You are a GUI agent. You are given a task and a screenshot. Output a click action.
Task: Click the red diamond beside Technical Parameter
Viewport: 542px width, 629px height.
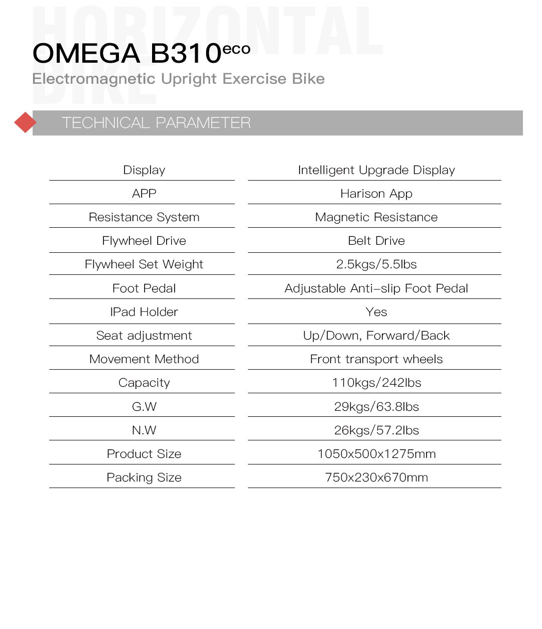coord(25,122)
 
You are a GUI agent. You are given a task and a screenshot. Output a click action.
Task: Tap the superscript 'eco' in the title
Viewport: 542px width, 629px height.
coord(236,49)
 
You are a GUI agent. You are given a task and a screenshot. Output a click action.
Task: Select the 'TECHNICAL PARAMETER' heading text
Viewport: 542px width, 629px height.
coord(156,123)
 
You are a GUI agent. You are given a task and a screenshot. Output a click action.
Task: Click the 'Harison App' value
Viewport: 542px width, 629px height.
coord(376,194)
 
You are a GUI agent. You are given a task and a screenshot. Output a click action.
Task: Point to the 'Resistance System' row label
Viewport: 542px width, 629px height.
coord(144,217)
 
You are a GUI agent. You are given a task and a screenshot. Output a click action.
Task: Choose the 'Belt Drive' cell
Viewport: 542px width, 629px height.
coord(376,241)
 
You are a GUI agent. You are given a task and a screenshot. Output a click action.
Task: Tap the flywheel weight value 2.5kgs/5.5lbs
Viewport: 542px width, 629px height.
coord(376,264)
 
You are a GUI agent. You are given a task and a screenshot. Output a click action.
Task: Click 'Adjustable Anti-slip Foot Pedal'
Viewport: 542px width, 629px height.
coord(376,288)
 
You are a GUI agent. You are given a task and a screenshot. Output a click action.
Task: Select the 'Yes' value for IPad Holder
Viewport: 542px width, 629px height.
coord(376,312)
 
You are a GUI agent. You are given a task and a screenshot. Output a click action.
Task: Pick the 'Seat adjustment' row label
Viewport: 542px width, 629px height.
coord(144,336)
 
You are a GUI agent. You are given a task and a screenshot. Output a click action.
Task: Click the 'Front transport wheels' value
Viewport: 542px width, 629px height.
coord(376,359)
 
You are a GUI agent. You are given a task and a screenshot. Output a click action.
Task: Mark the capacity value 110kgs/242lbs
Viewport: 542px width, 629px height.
coord(376,383)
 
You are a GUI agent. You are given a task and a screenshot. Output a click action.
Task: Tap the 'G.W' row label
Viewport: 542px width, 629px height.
coord(144,406)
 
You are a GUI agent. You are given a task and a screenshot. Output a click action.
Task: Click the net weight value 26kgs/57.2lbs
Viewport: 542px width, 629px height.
coord(376,430)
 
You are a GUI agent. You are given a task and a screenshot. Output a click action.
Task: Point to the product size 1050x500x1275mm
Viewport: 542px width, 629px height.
coord(376,454)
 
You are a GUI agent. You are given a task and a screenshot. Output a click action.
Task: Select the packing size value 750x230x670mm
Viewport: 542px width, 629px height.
coord(376,478)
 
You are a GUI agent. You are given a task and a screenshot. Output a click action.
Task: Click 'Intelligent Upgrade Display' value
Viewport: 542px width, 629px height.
coord(376,170)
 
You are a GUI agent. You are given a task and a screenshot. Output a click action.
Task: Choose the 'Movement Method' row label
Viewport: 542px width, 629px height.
coord(144,359)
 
